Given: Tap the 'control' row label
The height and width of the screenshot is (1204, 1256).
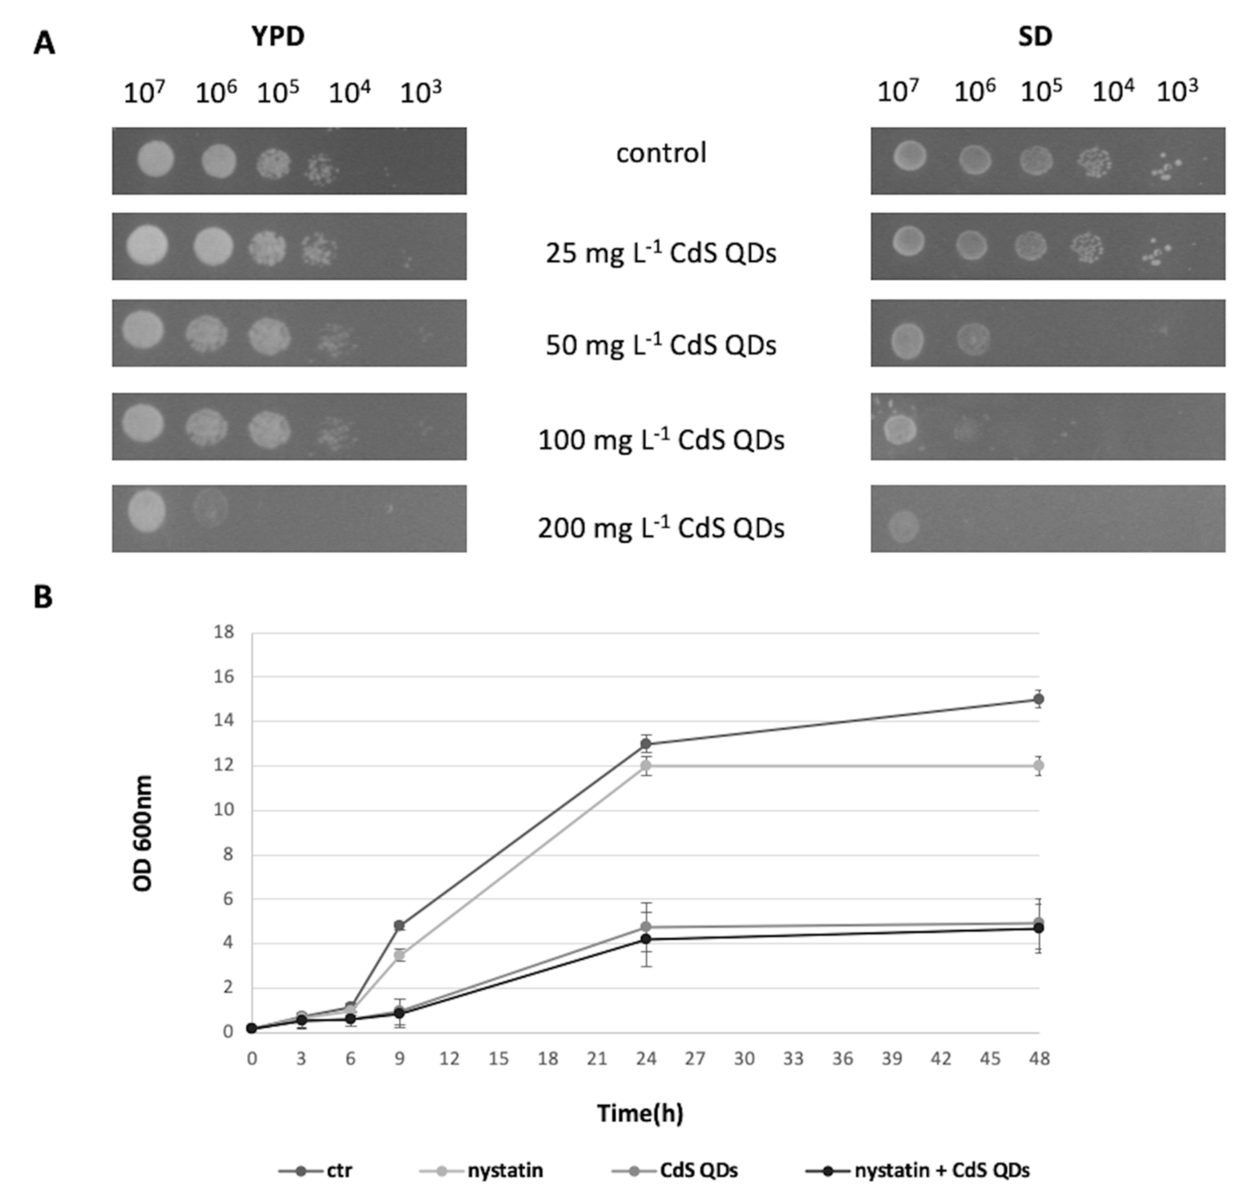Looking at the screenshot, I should point(661,154).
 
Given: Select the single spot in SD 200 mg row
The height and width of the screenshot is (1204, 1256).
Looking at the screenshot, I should point(904,525).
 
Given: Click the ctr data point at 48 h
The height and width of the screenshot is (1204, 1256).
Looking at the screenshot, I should point(1039,699).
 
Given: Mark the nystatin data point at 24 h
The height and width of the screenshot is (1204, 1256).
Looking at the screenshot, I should point(646,765).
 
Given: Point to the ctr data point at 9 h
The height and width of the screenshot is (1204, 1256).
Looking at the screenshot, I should point(400,925).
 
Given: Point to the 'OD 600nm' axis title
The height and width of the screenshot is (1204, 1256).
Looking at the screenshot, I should point(143,833).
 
